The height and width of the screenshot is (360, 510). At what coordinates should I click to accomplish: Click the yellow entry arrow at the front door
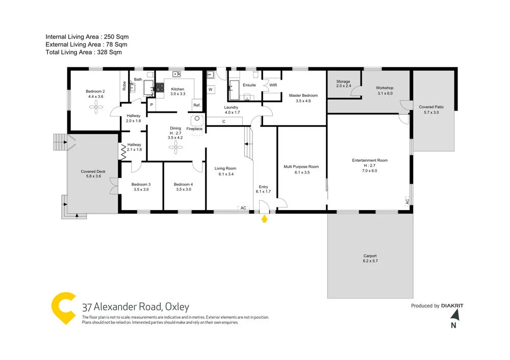[x=264, y=219]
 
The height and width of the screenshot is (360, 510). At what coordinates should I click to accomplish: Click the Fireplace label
[x=194, y=129]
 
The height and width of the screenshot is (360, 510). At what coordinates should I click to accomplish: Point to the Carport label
[x=370, y=256]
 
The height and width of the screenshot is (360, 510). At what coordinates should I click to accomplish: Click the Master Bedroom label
[x=303, y=95]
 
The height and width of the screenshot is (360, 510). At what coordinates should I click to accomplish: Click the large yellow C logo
[x=64, y=309]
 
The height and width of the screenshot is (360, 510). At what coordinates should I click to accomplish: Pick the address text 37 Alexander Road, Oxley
[x=136, y=307]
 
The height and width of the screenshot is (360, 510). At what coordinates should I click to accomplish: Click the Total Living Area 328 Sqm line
[x=84, y=52]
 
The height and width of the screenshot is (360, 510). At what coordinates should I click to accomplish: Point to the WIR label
[x=273, y=85]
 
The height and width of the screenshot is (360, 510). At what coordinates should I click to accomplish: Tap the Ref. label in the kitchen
[x=197, y=105]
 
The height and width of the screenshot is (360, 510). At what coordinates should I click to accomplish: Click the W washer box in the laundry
[x=210, y=90]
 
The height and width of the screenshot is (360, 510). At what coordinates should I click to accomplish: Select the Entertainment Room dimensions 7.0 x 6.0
[x=370, y=171]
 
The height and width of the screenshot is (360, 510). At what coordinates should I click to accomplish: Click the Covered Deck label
[x=93, y=171]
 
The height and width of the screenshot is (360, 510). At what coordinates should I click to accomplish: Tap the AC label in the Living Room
[x=243, y=208]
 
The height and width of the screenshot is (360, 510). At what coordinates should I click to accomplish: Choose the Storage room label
[x=343, y=82]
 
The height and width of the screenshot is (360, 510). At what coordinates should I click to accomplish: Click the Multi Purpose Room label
[x=301, y=167]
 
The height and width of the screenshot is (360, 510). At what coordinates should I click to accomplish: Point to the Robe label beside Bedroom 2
[x=124, y=86]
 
